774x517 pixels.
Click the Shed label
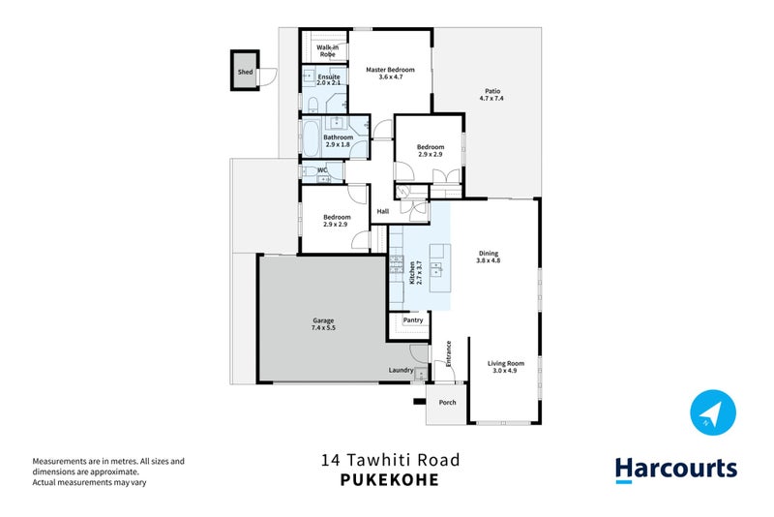(245, 72)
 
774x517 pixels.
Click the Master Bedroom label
(390, 70)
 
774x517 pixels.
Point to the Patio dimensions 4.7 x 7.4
(491, 99)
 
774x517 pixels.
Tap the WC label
(322, 170)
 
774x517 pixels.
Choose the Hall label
(382, 211)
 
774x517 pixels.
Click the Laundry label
(402, 370)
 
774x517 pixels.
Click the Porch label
(447, 402)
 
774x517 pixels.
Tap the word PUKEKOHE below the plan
(390, 479)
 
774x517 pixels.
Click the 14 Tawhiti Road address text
(390, 460)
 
